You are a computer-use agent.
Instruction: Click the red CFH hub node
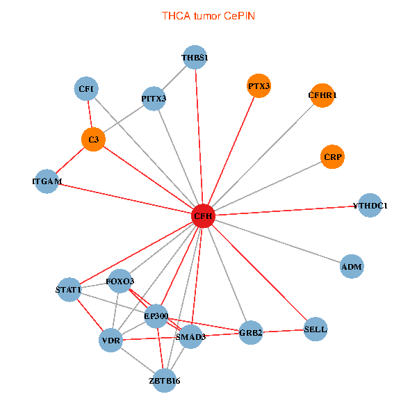click(x=203, y=216)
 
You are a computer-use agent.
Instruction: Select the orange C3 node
click(x=93, y=140)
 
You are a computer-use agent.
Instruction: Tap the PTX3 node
click(x=259, y=86)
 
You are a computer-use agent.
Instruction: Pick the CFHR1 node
click(x=322, y=95)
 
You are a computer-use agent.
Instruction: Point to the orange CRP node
click(x=332, y=157)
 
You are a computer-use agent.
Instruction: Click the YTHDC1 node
click(x=370, y=205)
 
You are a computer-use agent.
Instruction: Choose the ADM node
click(x=352, y=266)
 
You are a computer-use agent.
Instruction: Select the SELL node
click(x=316, y=329)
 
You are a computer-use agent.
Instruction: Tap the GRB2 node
click(x=251, y=332)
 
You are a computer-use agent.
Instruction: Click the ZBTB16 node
click(x=165, y=381)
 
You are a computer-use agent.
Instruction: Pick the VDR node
click(x=111, y=340)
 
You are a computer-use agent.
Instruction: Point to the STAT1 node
click(x=69, y=290)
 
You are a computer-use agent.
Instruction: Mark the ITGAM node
click(x=47, y=181)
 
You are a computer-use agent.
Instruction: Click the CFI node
click(x=86, y=88)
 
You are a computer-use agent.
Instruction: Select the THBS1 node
click(x=195, y=57)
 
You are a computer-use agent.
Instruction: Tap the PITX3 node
click(x=154, y=99)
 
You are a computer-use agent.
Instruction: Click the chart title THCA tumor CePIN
click(x=208, y=16)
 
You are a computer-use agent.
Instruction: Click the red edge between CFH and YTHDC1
click(x=286, y=211)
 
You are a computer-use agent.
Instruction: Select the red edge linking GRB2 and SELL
click(x=283, y=331)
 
